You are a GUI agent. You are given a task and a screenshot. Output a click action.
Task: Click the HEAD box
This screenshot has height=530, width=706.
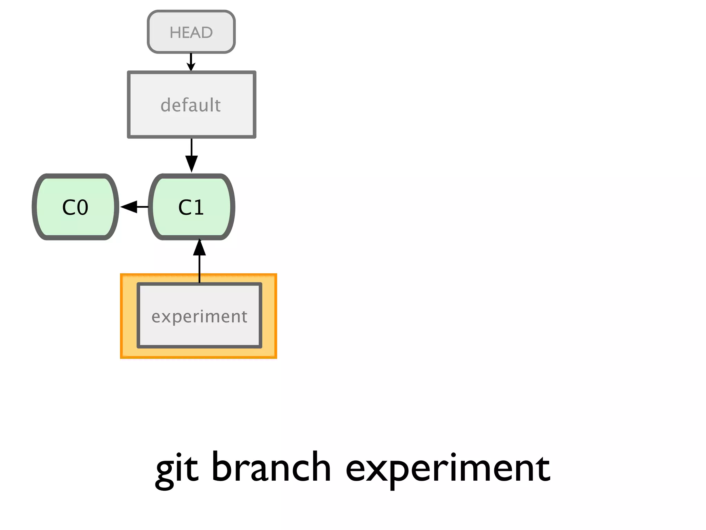191,32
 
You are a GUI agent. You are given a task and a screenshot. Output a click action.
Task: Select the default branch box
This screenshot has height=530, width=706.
191,105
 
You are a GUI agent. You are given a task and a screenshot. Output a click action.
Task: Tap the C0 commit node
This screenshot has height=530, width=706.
75,207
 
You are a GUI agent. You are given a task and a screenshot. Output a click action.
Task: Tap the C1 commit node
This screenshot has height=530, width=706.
192,207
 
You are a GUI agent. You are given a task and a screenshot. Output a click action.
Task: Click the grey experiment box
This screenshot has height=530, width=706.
200,315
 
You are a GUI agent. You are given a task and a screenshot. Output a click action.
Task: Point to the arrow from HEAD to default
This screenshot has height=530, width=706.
191,62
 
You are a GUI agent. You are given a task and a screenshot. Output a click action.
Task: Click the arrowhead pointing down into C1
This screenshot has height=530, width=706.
191,164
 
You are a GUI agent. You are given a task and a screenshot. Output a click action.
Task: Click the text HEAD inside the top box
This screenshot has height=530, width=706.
191,32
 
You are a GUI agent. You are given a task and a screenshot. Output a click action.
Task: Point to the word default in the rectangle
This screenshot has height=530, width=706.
191,105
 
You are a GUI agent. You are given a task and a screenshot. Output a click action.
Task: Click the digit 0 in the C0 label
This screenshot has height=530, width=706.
82,207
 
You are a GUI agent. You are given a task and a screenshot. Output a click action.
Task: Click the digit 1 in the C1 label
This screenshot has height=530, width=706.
198,207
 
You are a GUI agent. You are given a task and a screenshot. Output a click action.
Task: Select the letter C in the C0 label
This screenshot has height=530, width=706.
69,207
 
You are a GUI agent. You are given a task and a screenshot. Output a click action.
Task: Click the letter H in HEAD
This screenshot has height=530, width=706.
175,32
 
